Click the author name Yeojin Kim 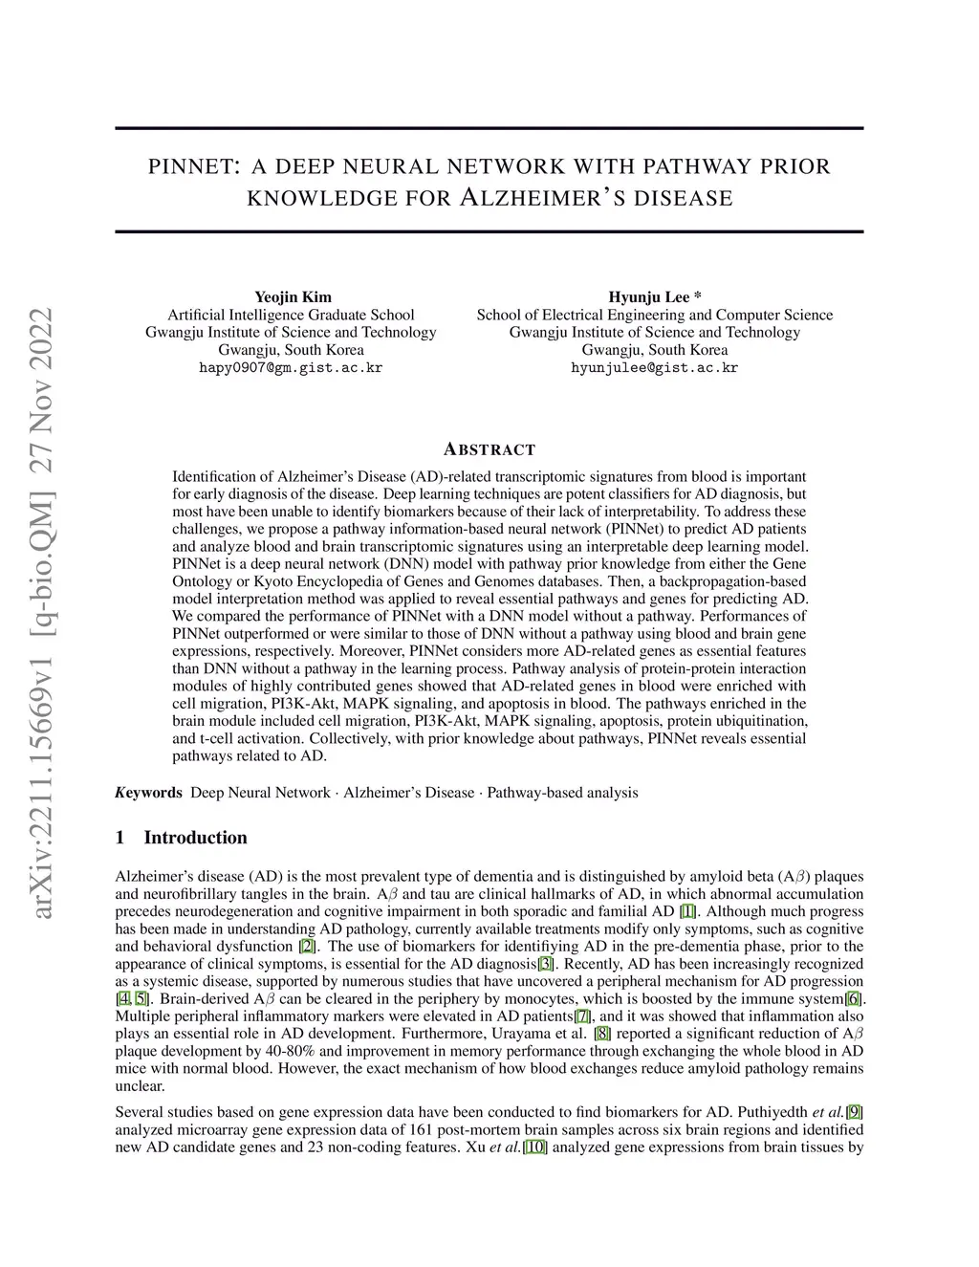click(293, 296)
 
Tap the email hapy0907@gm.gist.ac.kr click(291, 367)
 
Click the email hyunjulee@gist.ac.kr click(654, 367)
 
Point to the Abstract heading click(489, 449)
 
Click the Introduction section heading click(195, 838)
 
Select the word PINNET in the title click(192, 166)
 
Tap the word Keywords click(148, 793)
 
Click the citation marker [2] click(307, 947)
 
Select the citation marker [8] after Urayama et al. click(602, 1034)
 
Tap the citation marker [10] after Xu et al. click(534, 1147)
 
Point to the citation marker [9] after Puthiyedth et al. click(856, 1112)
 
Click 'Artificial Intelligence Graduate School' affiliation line click(291, 315)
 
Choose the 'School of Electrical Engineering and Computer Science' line click(654, 315)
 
